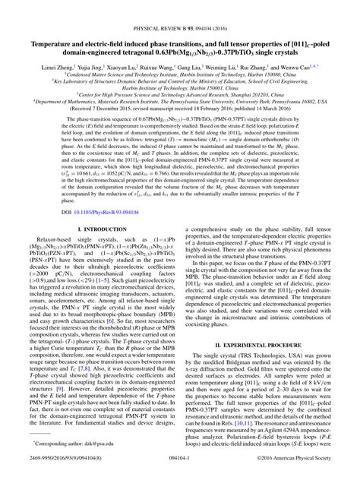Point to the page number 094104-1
click(180, 469)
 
